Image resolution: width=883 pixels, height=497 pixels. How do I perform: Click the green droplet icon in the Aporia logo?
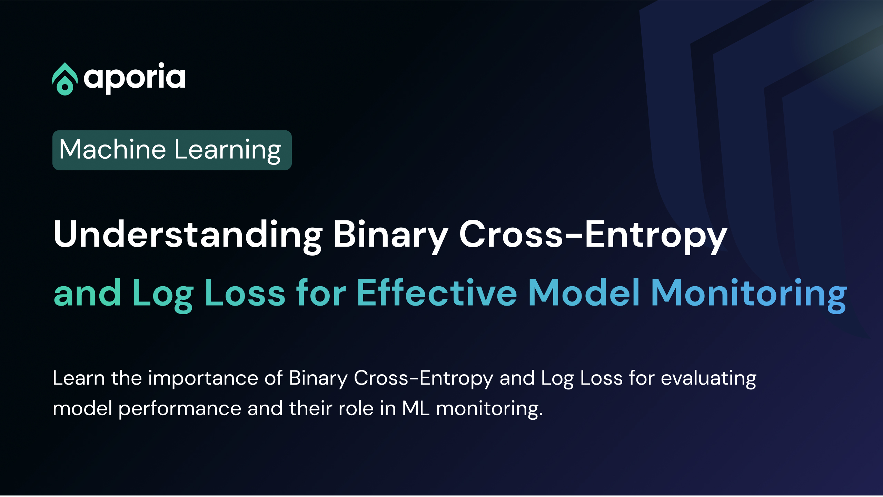pyautogui.click(x=65, y=79)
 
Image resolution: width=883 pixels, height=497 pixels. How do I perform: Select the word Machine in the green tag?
pyautogui.click(x=112, y=149)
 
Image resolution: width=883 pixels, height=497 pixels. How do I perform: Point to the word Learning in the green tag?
pyautogui.click(x=228, y=150)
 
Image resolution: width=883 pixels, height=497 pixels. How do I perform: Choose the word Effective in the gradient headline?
pyautogui.click(x=437, y=293)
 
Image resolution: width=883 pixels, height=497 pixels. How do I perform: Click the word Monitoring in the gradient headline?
pyautogui.click(x=748, y=293)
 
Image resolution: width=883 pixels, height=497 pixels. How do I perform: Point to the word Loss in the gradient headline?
pyautogui.click(x=245, y=293)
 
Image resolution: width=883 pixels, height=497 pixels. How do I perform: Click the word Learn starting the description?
pyautogui.click(x=79, y=378)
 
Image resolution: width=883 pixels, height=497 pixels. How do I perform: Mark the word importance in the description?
pyautogui.click(x=203, y=379)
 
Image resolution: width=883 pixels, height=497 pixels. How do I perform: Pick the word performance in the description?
pyautogui.click(x=180, y=409)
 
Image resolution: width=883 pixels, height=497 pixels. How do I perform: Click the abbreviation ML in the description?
pyautogui.click(x=416, y=408)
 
